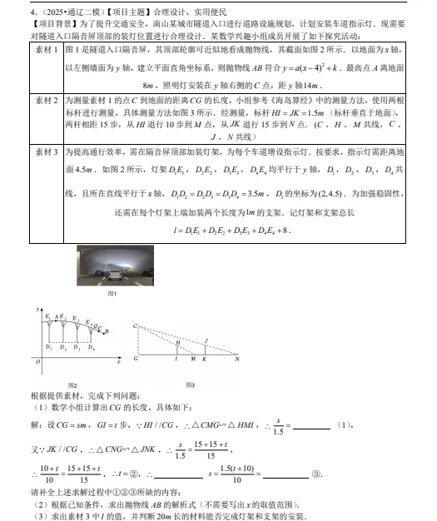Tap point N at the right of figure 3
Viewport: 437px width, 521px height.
pyautogui.click(x=238, y=360)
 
